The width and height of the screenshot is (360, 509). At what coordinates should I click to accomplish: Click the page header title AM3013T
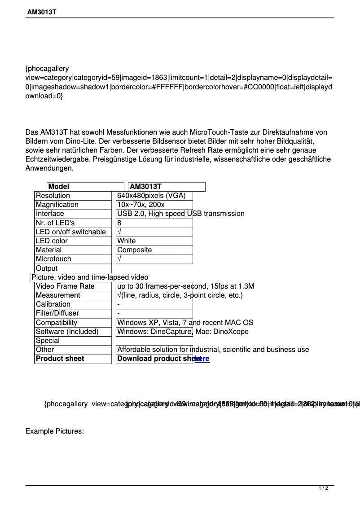[41, 12]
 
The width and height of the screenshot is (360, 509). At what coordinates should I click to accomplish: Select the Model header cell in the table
[59, 187]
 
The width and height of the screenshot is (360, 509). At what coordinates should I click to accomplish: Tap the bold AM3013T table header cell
[145, 187]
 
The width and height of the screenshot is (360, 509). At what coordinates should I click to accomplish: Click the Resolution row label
[53, 196]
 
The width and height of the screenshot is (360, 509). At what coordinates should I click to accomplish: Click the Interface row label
[50, 214]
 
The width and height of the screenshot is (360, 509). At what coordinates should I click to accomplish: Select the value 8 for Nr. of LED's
[119, 223]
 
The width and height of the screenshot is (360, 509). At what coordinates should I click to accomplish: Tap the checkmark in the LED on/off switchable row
[119, 232]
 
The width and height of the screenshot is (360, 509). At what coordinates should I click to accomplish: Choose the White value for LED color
[126, 241]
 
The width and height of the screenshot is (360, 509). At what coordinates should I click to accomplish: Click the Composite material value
[134, 250]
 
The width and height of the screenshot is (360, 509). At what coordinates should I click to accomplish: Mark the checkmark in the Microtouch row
[119, 259]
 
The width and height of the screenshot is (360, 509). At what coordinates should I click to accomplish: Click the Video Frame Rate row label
[65, 286]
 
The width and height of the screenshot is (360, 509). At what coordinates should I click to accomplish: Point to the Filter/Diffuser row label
[57, 313]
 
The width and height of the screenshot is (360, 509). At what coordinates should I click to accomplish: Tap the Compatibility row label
[57, 323]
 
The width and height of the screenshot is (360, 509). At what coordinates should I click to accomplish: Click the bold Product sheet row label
[60, 359]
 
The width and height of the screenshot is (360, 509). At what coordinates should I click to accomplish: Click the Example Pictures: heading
[55, 431]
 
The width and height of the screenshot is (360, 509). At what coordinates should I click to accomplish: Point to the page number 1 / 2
[323, 488]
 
